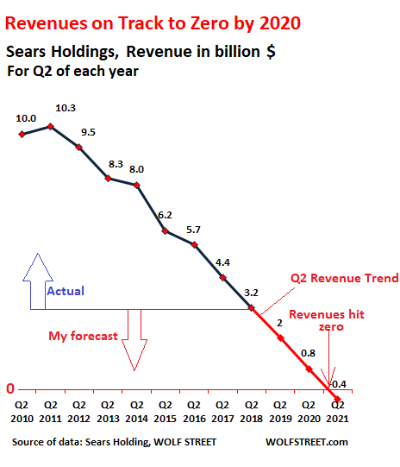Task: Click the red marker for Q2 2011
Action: point(51,127)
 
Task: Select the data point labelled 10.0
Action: point(22,135)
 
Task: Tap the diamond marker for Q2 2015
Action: point(165,230)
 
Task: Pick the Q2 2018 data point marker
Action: point(252,307)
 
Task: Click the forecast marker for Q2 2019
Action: point(280,338)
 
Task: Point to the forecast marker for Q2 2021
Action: point(337,399)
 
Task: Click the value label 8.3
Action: point(116,164)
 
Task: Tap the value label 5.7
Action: point(193,230)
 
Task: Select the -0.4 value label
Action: point(339,384)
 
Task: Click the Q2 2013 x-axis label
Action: point(108,412)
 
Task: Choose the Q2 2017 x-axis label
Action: point(222,412)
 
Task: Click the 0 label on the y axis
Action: point(10,388)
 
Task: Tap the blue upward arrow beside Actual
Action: point(38,281)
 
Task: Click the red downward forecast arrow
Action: point(134,340)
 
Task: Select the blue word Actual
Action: point(66,291)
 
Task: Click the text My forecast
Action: point(83,336)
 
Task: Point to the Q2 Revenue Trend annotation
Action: point(344,278)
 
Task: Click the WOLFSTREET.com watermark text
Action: point(307,442)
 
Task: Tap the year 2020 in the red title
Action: point(280,23)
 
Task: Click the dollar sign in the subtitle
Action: point(271,52)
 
